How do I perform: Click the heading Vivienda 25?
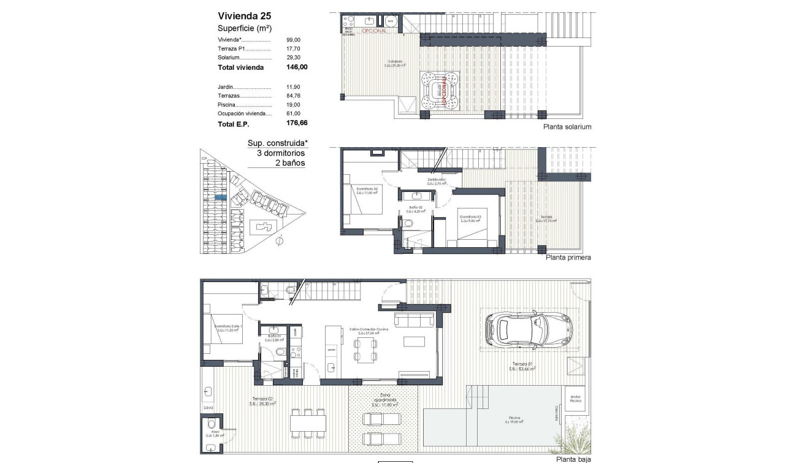coord(244,17)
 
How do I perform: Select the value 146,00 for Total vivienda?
coord(297,67)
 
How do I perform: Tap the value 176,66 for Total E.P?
coord(297,123)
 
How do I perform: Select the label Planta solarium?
coord(567,127)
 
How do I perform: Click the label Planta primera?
coord(568,258)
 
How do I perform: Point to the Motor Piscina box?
coord(575,399)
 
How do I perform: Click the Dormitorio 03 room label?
coord(470,216)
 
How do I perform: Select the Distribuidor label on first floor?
coord(436,180)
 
